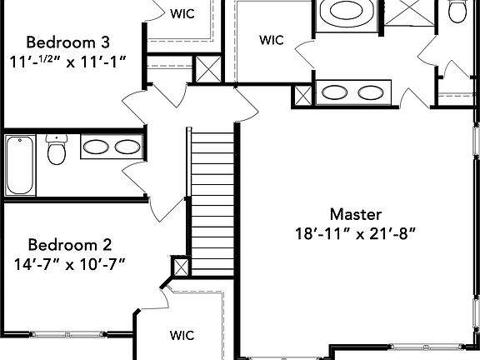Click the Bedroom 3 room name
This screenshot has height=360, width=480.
[67, 42]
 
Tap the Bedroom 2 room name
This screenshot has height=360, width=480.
[70, 245]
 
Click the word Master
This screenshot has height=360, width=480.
[355, 213]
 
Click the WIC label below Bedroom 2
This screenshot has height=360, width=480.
[182, 336]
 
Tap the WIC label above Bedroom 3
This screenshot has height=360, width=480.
[182, 13]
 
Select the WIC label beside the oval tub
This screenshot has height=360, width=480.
[271, 39]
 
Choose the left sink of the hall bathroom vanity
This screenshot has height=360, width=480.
[96, 147]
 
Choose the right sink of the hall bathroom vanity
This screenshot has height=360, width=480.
[127, 147]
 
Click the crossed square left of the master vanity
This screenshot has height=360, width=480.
[302, 95]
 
